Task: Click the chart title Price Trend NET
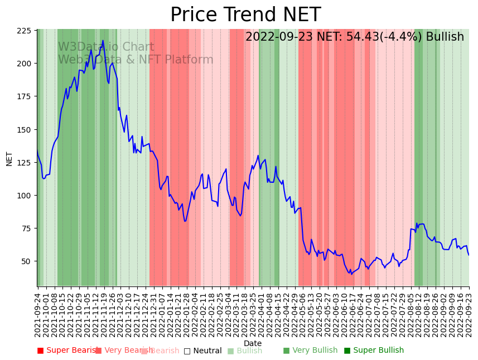click(245, 15)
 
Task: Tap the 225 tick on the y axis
click(24, 31)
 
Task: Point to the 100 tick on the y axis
click(24, 196)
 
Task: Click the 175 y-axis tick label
click(24, 96)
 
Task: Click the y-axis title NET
click(9, 158)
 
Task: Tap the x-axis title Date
click(253, 343)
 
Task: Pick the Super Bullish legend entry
click(374, 351)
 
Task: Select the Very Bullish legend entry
click(310, 351)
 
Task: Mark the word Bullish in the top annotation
click(445, 37)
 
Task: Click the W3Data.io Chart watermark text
click(106, 47)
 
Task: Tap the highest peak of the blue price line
click(103, 41)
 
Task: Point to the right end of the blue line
click(469, 255)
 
